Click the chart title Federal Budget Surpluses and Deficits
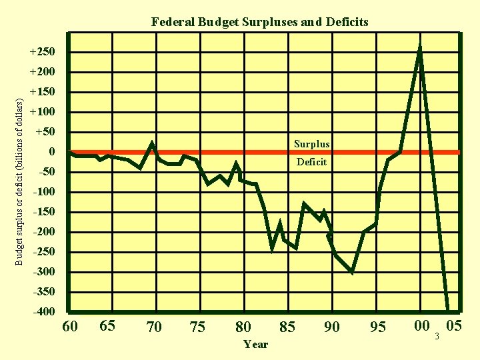click(259, 22)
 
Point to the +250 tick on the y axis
click(42, 52)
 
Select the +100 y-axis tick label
click(42, 112)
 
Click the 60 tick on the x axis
click(69, 327)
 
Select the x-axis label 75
click(197, 327)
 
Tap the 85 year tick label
click(287, 327)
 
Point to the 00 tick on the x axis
click(421, 325)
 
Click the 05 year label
click(454, 325)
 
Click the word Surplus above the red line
click(311, 144)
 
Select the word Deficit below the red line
click(311, 161)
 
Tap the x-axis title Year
click(255, 344)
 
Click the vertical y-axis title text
click(19, 181)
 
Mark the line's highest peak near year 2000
click(420, 47)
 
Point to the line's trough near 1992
click(351, 272)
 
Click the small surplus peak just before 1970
click(152, 143)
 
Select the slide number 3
click(437, 335)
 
